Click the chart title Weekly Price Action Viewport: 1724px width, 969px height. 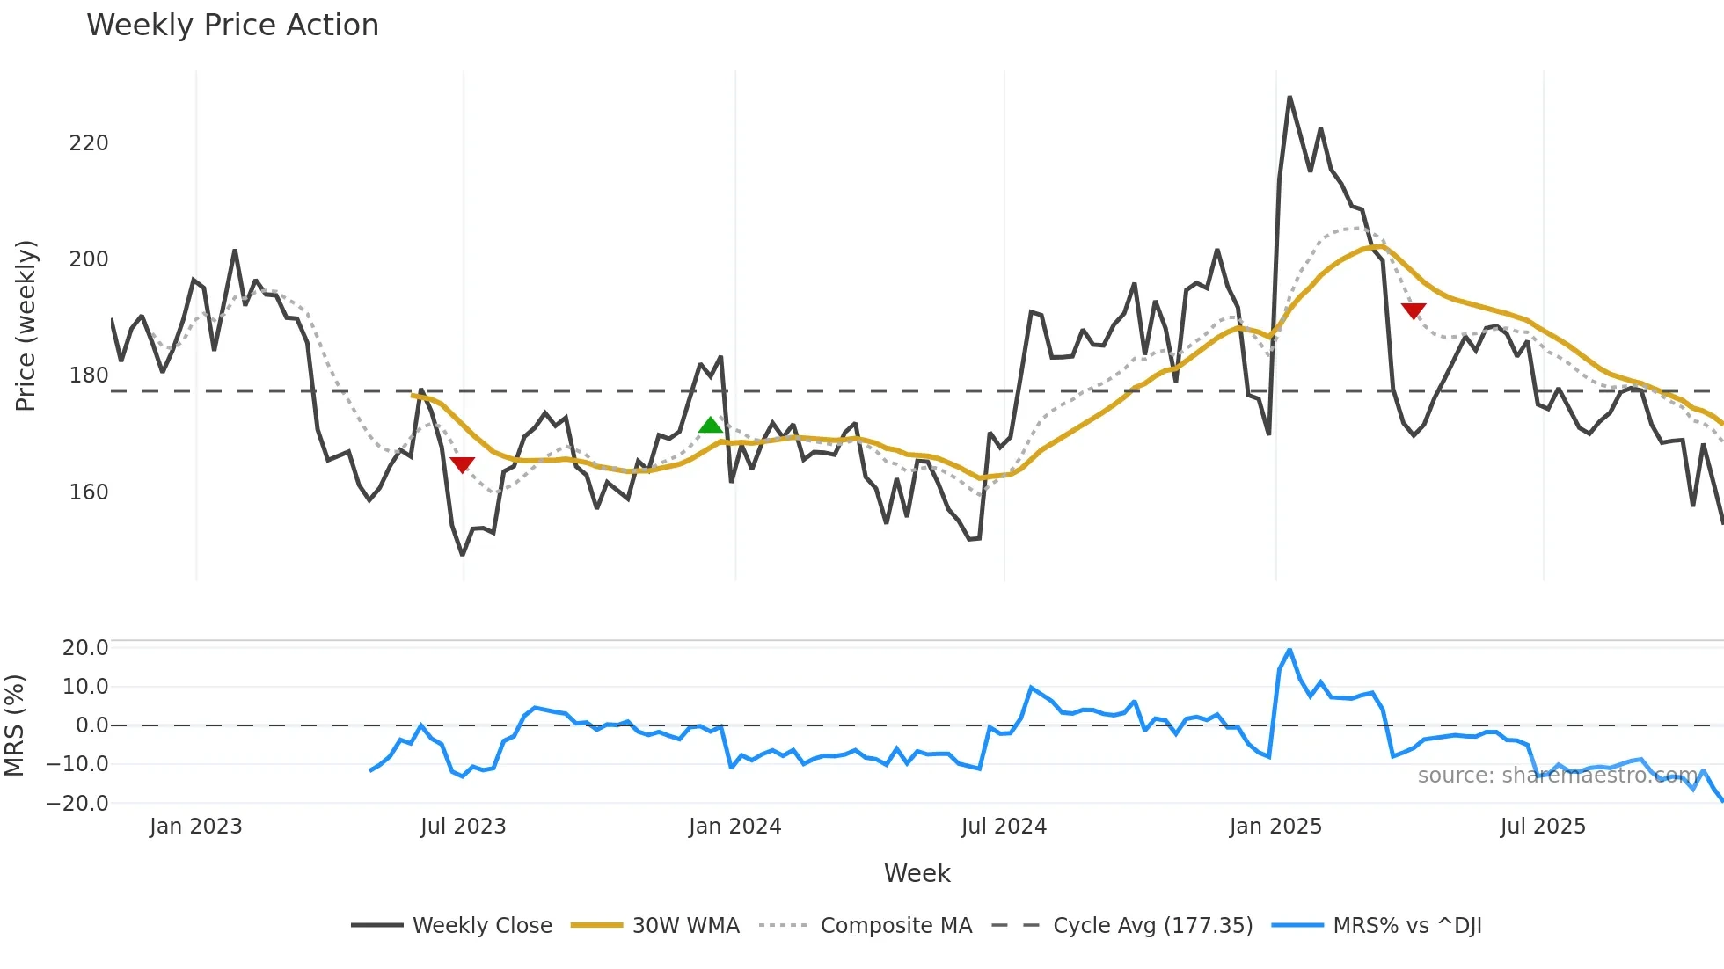(232, 25)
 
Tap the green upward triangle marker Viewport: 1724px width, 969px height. (710, 426)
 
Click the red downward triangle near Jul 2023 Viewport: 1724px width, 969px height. (462, 464)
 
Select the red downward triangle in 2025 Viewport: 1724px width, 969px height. (1414, 310)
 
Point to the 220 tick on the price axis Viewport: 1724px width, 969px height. (89, 143)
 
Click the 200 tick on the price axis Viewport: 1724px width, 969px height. (89, 259)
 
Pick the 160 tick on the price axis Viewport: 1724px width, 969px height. (89, 492)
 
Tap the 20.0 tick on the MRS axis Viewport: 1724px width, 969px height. (85, 648)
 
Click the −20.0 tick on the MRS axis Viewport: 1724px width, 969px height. (77, 803)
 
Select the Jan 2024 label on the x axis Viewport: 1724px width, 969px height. (734, 827)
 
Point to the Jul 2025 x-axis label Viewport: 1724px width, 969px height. (1543, 827)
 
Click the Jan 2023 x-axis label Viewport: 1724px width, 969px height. (195, 827)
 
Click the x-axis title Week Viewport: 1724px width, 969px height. (917, 873)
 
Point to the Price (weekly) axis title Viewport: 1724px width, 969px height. (26, 325)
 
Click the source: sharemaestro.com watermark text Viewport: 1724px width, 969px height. (1557, 776)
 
